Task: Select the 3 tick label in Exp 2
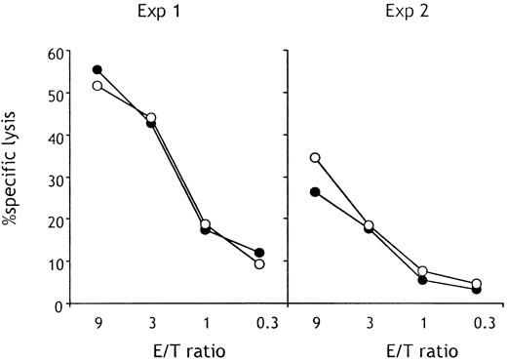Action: click(368, 323)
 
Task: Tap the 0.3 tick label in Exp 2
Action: click(475, 323)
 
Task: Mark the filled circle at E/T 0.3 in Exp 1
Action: click(259, 253)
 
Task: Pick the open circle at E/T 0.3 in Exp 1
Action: click(259, 264)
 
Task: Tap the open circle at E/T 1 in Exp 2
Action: click(422, 271)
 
